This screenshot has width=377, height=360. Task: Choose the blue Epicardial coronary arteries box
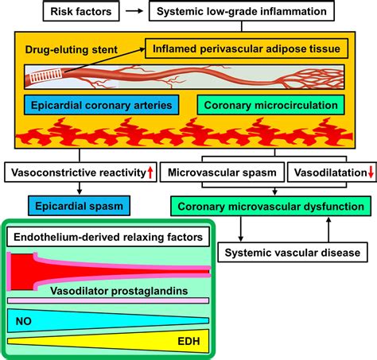pos(99,106)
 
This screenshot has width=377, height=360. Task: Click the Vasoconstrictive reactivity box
pos(80,172)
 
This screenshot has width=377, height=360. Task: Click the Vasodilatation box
pos(328,172)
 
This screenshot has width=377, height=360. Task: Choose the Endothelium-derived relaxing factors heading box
pos(107,237)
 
